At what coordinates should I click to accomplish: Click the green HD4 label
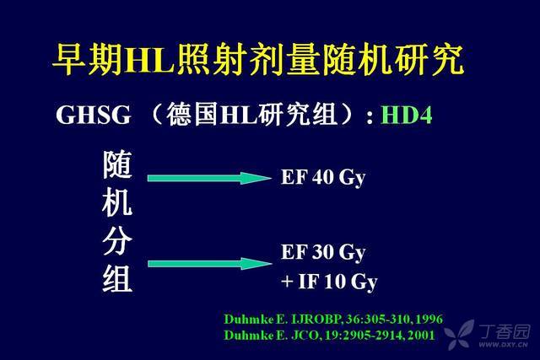[406, 115]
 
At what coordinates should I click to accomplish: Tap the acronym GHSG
[94, 115]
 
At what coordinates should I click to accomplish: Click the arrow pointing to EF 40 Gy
[209, 178]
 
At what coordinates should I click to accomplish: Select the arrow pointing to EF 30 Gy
[209, 264]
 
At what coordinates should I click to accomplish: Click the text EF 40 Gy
[323, 178]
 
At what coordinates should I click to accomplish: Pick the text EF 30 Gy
[323, 252]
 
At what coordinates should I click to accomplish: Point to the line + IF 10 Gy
[329, 282]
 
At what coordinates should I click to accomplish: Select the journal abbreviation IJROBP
[316, 319]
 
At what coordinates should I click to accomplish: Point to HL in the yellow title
[149, 59]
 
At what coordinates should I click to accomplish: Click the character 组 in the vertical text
[117, 278]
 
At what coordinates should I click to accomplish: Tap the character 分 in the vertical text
[117, 240]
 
